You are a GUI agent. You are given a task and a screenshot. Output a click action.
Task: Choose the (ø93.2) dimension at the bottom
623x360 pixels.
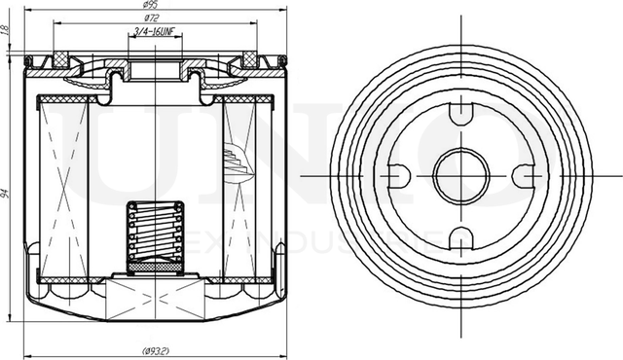[x=156, y=350]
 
